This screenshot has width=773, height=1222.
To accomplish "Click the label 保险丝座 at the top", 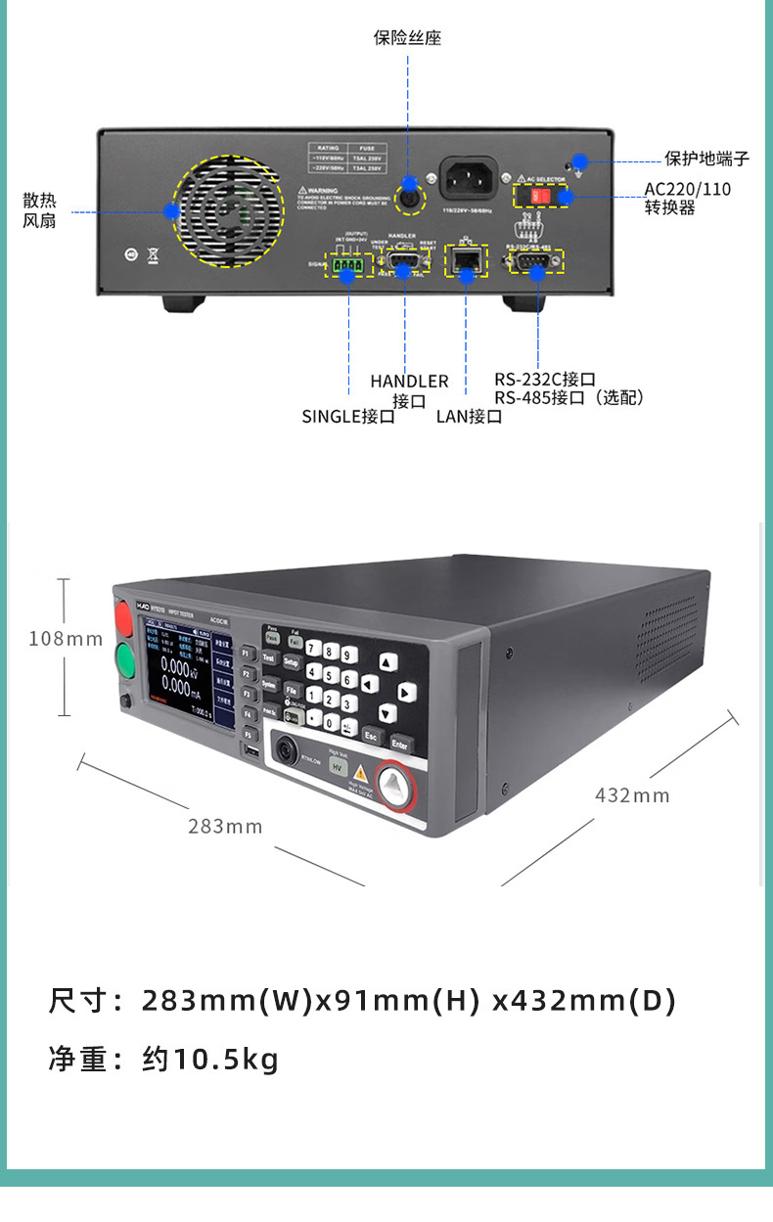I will pyautogui.click(x=408, y=38).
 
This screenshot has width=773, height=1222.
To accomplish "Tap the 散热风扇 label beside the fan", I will pyautogui.click(x=39, y=210).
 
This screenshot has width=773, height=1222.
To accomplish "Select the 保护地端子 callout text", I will pyautogui.click(x=706, y=158).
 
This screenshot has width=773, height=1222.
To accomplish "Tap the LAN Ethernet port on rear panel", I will pyautogui.click(x=467, y=260).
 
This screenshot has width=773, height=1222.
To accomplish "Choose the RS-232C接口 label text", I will pyautogui.click(x=544, y=379).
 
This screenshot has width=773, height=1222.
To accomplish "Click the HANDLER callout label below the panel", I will pyautogui.click(x=409, y=382).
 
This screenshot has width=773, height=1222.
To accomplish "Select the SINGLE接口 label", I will pyautogui.click(x=348, y=416).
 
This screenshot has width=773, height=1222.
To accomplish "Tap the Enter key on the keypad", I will pyautogui.click(x=399, y=744).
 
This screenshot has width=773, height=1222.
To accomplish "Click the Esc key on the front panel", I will pyautogui.click(x=370, y=734).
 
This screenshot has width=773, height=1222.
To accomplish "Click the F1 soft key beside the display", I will pyautogui.click(x=248, y=653).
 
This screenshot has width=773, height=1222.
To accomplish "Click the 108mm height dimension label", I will pyautogui.click(x=65, y=639).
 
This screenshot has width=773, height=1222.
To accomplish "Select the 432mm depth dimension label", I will pyautogui.click(x=632, y=795).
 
